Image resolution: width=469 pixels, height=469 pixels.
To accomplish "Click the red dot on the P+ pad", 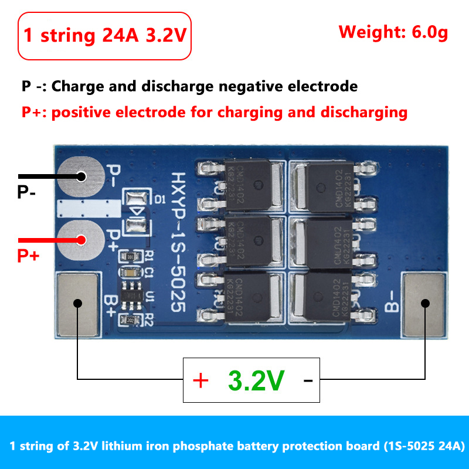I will point(80,240).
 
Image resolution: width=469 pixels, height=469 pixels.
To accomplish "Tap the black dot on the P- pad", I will point(80,176).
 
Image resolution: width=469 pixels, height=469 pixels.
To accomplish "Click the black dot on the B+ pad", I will point(77,303).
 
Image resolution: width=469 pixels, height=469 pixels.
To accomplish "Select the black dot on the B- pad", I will point(425,303).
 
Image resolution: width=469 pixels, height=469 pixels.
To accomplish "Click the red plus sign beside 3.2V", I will point(200,381).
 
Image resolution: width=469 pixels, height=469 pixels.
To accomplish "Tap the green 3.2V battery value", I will point(256,381).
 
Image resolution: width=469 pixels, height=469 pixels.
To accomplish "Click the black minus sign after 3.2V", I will point(308,381).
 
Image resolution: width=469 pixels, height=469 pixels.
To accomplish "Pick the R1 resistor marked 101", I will point(131,257).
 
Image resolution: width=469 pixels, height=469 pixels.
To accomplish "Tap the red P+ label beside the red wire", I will point(28,256).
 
